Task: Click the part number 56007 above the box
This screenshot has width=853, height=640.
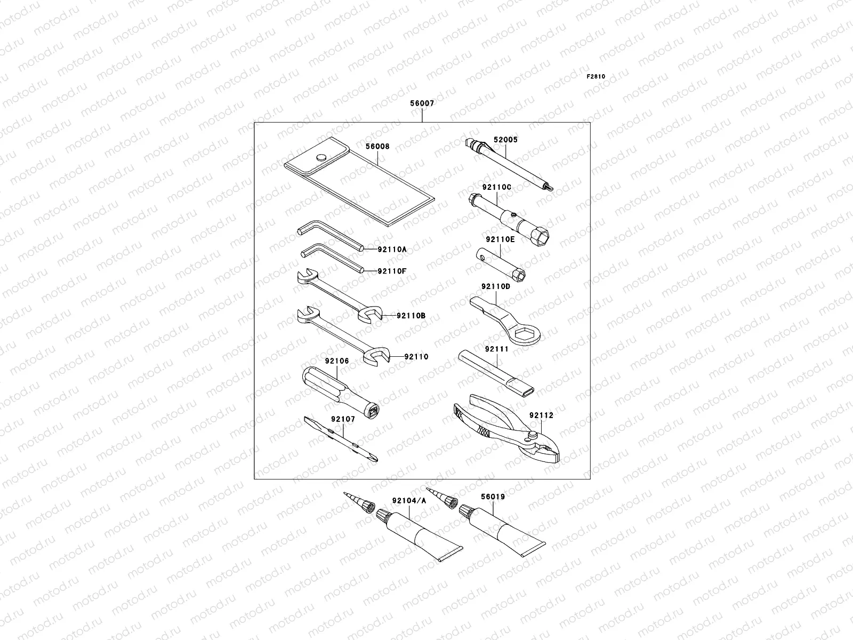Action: tap(422, 103)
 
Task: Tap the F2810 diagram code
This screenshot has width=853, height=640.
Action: tap(596, 76)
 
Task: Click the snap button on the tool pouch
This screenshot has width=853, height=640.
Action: tap(321, 157)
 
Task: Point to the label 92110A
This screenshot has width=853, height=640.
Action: tap(392, 249)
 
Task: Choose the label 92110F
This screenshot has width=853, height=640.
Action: tap(392, 271)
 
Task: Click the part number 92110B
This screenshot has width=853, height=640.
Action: tap(411, 315)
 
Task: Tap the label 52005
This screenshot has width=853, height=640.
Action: tap(505, 140)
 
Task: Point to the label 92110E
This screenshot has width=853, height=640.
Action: tap(500, 240)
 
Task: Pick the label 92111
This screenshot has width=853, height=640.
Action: tap(497, 349)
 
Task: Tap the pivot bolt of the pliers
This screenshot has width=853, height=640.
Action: tap(534, 436)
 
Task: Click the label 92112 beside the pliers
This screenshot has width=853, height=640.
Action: tap(541, 415)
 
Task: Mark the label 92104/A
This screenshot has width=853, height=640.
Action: tap(409, 501)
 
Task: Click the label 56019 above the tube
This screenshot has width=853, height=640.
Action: tap(493, 497)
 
